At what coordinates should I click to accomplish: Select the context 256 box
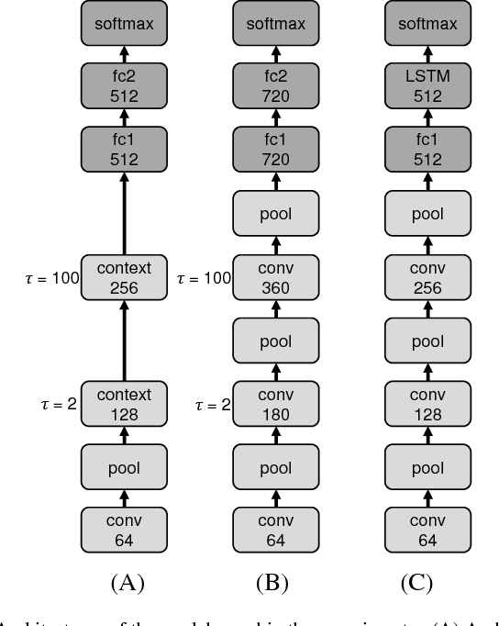click(x=125, y=277)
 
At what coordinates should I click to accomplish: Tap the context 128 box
click(x=125, y=405)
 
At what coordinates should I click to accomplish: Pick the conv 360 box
click(x=276, y=277)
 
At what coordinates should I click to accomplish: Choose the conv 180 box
click(x=276, y=405)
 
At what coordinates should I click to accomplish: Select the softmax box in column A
click(x=125, y=25)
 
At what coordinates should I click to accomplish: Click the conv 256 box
click(x=427, y=277)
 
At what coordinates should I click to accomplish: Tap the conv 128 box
click(x=427, y=405)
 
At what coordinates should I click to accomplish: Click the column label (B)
click(x=276, y=583)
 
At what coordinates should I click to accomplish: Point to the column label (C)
click(x=427, y=583)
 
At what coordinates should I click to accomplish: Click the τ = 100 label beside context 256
click(x=52, y=277)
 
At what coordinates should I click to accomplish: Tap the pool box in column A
click(x=125, y=468)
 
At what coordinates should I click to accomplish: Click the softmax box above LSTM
click(x=427, y=25)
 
